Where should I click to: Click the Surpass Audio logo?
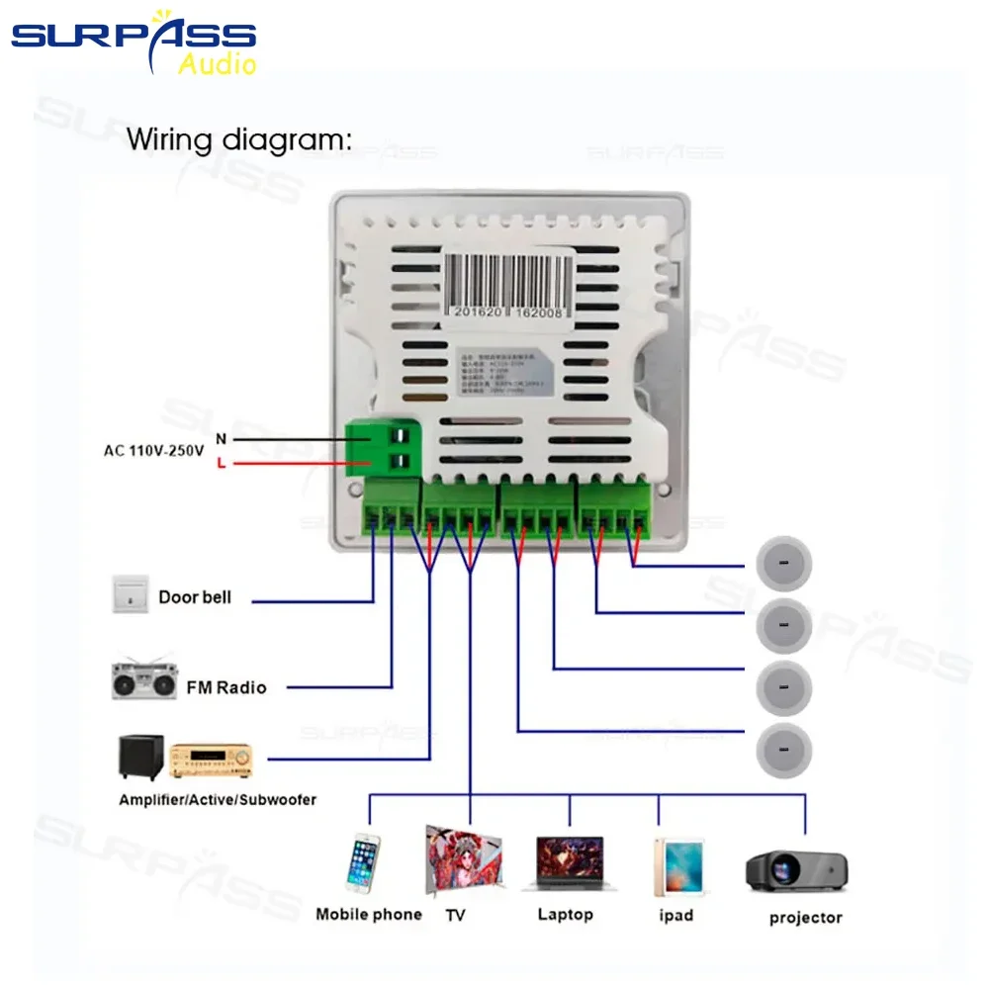coord(135,42)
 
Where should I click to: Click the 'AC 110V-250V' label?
coord(153,451)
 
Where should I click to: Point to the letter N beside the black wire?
coord(221,437)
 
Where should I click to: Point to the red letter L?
coord(221,463)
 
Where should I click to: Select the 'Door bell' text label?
coord(195,597)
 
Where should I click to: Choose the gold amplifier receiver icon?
coord(212,760)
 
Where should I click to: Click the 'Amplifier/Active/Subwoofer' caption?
coord(218,799)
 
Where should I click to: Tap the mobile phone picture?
coord(363,864)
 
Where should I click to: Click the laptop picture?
coord(570,863)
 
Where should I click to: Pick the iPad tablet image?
coord(678,866)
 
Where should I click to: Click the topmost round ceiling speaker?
coord(783,563)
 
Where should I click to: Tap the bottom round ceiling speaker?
coord(783,751)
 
